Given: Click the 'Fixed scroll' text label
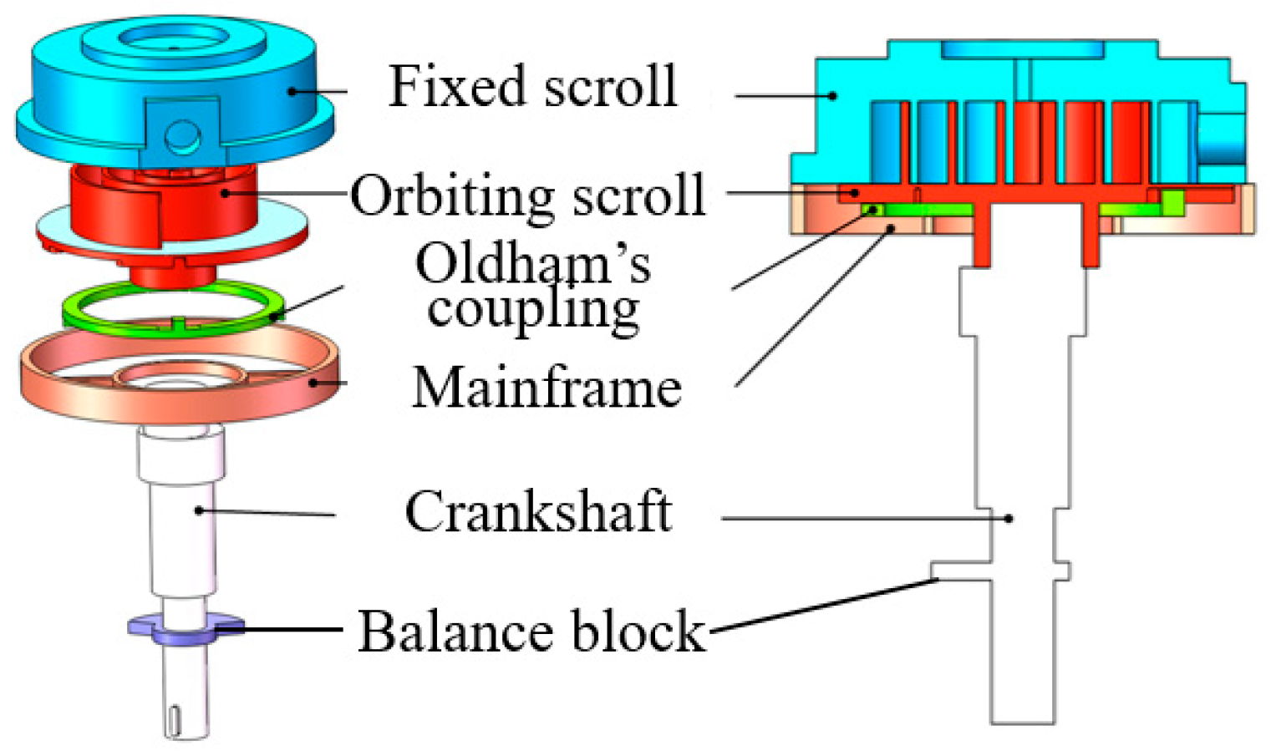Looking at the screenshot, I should click(532, 86).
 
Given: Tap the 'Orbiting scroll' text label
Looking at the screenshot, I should click(527, 196).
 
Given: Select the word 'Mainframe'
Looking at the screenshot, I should click(547, 388).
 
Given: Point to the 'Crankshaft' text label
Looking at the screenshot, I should click(538, 511).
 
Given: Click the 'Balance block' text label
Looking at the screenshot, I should click(531, 631).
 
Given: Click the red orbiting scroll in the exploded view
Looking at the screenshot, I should click(167, 209).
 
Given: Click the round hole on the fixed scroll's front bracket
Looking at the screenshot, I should click(181, 134).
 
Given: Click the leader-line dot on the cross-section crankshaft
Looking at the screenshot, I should click(1009, 519).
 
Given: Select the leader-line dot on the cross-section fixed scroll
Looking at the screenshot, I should click(832, 96).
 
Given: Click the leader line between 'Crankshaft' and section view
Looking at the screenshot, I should click(861, 519).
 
